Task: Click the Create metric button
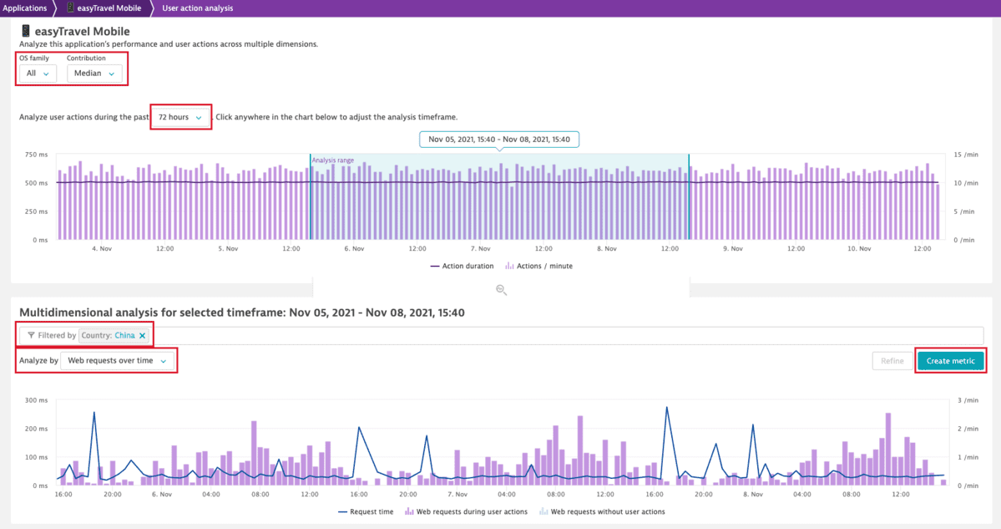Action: tap(950, 361)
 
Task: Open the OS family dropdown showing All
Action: tap(38, 74)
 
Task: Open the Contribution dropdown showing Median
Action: tap(94, 74)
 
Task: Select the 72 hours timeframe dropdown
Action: tap(180, 117)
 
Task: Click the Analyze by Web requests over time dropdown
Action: tap(118, 361)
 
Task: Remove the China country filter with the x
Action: tap(143, 336)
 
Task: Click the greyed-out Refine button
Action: tap(892, 361)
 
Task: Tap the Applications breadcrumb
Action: tap(25, 8)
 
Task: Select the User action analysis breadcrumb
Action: tap(197, 8)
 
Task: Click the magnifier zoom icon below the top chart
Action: tap(501, 290)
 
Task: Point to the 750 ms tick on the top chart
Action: tap(36, 155)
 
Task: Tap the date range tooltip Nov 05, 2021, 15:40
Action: tap(499, 140)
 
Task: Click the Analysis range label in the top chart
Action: tap(332, 160)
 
